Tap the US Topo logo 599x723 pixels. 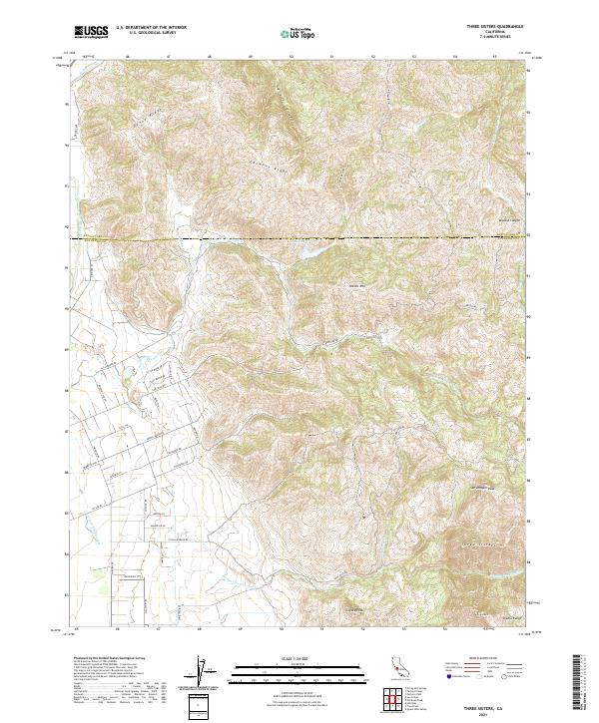tap(299, 33)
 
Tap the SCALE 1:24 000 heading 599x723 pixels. tap(299, 659)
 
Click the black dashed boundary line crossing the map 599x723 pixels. tap(299, 237)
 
